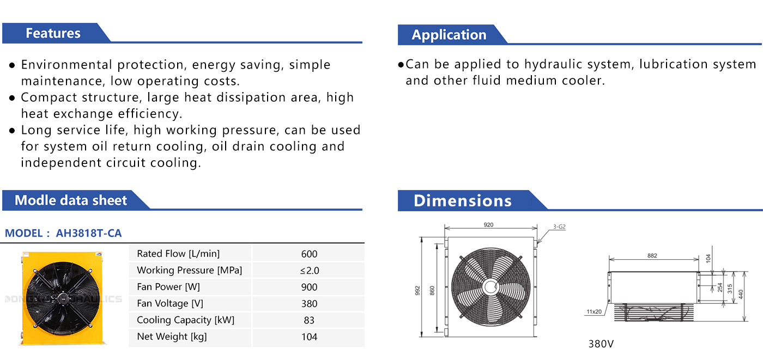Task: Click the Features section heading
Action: (x=53, y=33)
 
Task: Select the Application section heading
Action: (x=449, y=35)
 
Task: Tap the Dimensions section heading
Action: (x=463, y=201)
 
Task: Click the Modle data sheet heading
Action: (x=71, y=200)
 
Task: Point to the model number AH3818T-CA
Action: (x=88, y=234)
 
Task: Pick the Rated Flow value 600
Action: (x=309, y=254)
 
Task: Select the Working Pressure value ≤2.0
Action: (x=310, y=271)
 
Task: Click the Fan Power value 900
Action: (x=309, y=287)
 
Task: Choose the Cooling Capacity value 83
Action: (x=309, y=320)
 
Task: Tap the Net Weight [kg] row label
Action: (x=172, y=336)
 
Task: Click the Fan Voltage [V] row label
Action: (x=170, y=303)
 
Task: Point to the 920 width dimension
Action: (x=488, y=224)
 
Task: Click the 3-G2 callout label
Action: (x=559, y=227)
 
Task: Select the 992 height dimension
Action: (x=417, y=291)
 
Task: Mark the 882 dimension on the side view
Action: (x=652, y=255)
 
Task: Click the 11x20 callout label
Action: (x=594, y=311)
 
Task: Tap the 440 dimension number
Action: (x=741, y=295)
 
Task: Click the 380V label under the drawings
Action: (x=601, y=344)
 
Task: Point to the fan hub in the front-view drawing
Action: (x=491, y=287)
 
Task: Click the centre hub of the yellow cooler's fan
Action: (x=62, y=298)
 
